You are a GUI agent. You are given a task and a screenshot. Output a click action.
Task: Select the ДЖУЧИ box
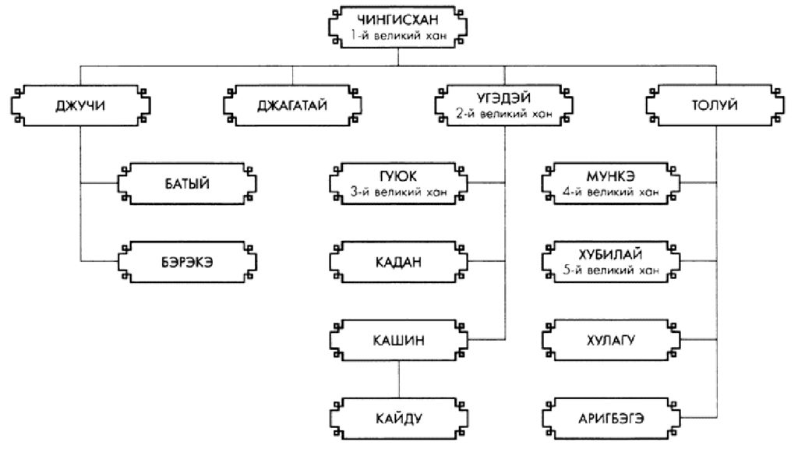pyautogui.click(x=82, y=105)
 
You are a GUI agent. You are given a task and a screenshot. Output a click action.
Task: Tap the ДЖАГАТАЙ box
pyautogui.click(x=292, y=105)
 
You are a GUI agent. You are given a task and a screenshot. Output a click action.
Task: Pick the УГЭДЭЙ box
pyautogui.click(x=503, y=105)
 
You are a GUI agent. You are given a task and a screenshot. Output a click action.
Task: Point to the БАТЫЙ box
pyautogui.click(x=187, y=184)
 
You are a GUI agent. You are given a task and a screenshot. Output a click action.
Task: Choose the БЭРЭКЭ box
pyautogui.click(x=187, y=262)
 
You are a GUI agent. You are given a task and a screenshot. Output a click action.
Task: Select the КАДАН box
pyautogui.click(x=398, y=262)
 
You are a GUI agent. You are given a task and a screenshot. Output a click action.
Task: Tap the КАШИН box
pyautogui.click(x=398, y=340)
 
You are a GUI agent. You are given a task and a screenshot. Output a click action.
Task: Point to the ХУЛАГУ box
pyautogui.click(x=609, y=340)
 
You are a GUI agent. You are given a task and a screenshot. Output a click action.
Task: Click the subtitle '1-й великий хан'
pyautogui.click(x=398, y=34)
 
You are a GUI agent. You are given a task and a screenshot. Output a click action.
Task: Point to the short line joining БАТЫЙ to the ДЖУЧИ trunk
pyautogui.click(x=99, y=184)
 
